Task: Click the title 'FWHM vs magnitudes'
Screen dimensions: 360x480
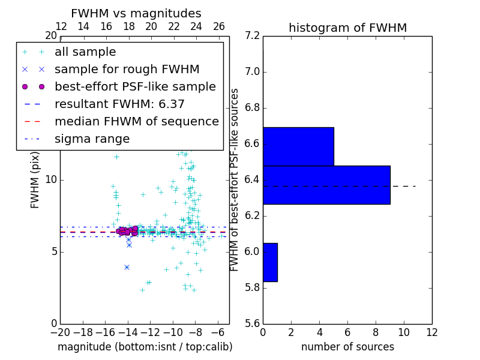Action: click(x=136, y=14)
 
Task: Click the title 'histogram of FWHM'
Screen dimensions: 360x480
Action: click(x=347, y=28)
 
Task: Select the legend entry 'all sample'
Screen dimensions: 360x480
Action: click(x=85, y=52)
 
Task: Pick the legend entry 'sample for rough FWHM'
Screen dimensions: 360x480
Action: click(x=127, y=70)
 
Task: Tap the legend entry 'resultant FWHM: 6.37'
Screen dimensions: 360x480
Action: click(x=119, y=104)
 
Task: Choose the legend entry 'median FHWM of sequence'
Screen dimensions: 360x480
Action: click(x=136, y=122)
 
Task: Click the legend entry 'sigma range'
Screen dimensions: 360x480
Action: click(x=92, y=139)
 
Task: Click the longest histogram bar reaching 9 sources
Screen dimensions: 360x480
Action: click(x=326, y=185)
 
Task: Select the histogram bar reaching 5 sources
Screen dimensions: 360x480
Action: click(x=298, y=146)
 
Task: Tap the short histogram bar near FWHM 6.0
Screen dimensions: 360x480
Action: click(x=270, y=262)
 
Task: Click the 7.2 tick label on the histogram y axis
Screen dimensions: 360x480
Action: click(x=253, y=36)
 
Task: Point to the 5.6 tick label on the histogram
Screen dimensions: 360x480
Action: click(x=253, y=323)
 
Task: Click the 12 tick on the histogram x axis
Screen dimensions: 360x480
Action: click(x=432, y=332)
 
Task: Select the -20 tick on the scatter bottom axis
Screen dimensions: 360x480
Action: click(x=60, y=332)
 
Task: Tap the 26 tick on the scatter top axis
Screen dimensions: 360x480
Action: click(x=219, y=26)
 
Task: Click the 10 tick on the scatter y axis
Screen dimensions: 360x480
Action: click(x=50, y=180)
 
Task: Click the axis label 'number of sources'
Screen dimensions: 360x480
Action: click(x=347, y=347)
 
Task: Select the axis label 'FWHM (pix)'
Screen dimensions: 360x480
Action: click(x=35, y=179)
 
